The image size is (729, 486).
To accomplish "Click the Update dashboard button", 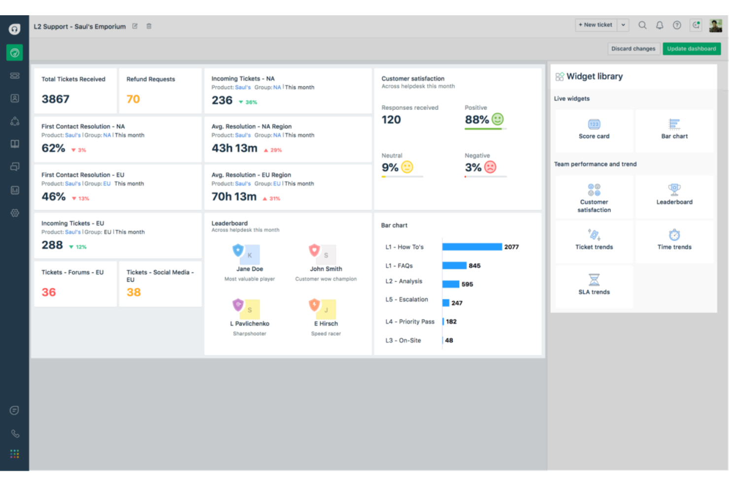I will [x=691, y=49].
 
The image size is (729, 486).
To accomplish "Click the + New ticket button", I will [x=596, y=25].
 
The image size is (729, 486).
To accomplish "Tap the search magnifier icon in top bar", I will [x=642, y=25].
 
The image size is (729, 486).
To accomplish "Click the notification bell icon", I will [x=660, y=25].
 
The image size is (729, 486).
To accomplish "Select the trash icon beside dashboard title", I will [x=149, y=27].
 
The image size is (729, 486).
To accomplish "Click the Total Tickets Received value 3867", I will [x=55, y=99].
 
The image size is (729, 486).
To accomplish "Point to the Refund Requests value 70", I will [x=133, y=99].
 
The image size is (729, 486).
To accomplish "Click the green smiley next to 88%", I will [x=497, y=119].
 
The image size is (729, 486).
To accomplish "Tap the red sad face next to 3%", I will [x=490, y=167].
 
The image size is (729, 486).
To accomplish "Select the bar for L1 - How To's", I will [x=472, y=247].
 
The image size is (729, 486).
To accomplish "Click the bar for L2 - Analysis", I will [x=451, y=284].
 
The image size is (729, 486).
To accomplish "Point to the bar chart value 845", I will [x=474, y=266].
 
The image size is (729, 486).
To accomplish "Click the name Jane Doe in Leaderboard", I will [x=250, y=269].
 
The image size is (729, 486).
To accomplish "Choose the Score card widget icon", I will [x=594, y=125].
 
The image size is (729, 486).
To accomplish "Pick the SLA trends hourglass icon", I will [x=594, y=280].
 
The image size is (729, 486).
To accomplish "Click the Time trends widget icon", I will [x=674, y=235].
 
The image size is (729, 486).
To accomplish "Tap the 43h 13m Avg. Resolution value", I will [x=234, y=148].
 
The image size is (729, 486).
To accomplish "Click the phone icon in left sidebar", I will [x=15, y=434].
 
